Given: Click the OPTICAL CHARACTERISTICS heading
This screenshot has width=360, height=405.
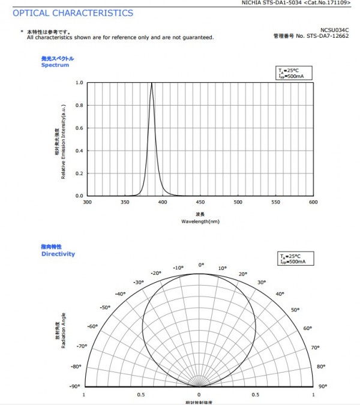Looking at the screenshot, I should click(73, 13).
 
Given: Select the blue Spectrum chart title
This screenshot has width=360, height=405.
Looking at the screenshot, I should click(56, 65).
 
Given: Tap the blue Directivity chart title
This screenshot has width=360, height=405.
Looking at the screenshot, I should click(58, 254).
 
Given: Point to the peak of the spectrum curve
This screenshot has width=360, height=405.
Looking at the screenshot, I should click(152, 83).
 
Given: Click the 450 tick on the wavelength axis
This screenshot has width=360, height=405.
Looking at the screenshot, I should click(200, 203).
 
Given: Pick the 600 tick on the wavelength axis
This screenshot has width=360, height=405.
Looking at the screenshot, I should click(313, 203).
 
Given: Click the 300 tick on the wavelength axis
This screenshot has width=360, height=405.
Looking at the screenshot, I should click(88, 203).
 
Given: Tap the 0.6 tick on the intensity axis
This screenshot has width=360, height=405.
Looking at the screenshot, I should click(79, 128).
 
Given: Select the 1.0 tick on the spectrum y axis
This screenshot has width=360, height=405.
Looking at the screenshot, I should click(79, 83).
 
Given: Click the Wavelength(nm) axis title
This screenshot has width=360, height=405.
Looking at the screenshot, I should click(200, 221).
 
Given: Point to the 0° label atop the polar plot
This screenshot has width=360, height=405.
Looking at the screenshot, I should click(201, 265).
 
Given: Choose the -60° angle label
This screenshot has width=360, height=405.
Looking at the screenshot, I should click(93, 326).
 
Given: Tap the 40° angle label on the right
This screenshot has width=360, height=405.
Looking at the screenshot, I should click(280, 294).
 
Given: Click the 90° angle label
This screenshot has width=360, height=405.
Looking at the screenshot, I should click(323, 386).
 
